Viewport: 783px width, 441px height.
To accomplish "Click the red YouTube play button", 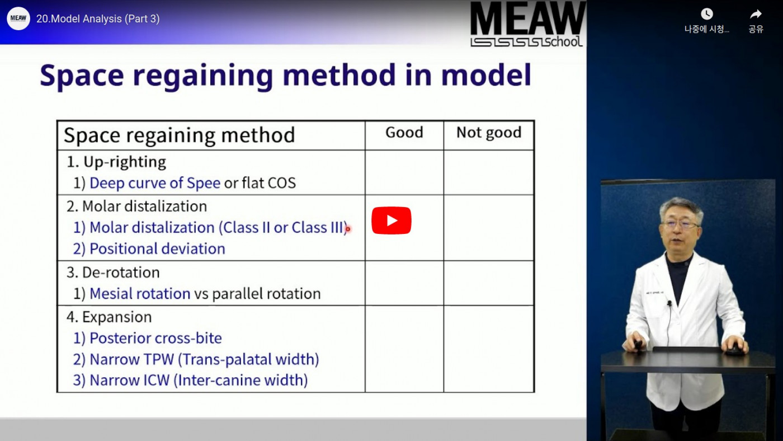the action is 391,221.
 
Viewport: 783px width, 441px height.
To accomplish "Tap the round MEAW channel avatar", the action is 18,18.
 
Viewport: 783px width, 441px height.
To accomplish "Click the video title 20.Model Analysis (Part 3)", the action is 98,18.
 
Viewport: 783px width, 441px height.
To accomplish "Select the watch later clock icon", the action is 707,14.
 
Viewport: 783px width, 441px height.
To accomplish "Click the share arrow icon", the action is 756,14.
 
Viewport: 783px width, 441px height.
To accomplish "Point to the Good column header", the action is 404,133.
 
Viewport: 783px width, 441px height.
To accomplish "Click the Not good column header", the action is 489,133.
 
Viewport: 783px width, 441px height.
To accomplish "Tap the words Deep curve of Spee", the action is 155,183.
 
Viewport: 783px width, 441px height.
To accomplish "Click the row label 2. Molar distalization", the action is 136,207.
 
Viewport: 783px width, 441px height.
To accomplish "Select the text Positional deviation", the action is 157,248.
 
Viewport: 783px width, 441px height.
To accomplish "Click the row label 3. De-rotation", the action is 113,273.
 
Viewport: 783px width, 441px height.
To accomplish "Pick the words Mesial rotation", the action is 140,293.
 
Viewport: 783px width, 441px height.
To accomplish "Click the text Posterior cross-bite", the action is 155,338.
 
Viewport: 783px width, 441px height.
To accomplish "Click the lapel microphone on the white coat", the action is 669,303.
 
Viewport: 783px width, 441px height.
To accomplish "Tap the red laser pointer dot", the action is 348,229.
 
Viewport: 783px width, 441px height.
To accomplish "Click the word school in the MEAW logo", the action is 563,41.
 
